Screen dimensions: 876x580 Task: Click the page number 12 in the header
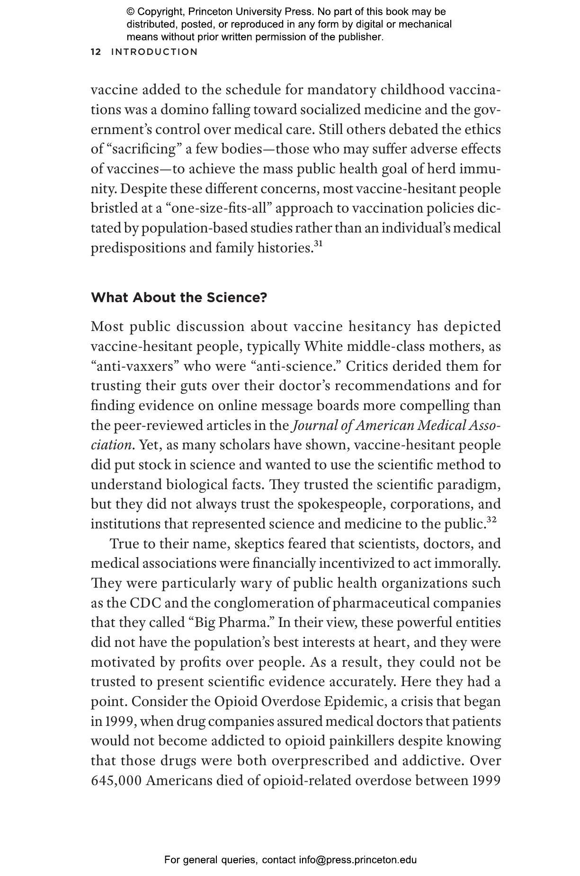(96, 52)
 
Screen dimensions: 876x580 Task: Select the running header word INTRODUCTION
(154, 52)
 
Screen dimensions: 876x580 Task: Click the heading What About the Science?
(179, 298)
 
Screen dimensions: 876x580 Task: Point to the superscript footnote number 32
(491, 520)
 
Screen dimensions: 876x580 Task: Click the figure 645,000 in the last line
(116, 780)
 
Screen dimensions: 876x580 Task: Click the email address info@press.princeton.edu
(357, 860)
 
